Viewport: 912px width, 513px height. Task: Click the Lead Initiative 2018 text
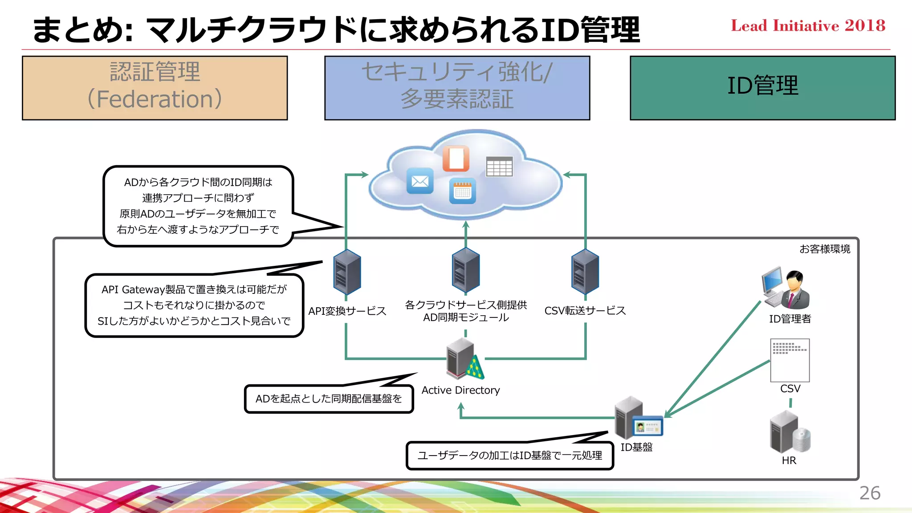808,26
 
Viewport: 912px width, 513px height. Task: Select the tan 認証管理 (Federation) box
155,88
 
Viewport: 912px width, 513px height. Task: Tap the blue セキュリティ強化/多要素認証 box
457,88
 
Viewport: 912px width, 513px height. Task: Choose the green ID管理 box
762,88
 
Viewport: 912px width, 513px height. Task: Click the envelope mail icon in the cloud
420,181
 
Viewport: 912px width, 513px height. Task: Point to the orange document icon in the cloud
456,158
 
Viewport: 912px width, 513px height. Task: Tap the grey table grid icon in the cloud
499,167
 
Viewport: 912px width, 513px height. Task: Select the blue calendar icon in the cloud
462,191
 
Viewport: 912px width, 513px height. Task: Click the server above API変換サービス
347,272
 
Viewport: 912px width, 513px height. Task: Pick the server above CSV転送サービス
585,272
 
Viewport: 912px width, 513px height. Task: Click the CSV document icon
790,360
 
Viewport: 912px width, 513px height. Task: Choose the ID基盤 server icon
637,418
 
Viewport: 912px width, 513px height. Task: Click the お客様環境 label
825,249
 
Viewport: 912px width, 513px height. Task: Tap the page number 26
869,493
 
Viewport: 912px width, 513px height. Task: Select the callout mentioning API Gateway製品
194,305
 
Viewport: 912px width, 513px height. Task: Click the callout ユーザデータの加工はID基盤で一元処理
509,456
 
